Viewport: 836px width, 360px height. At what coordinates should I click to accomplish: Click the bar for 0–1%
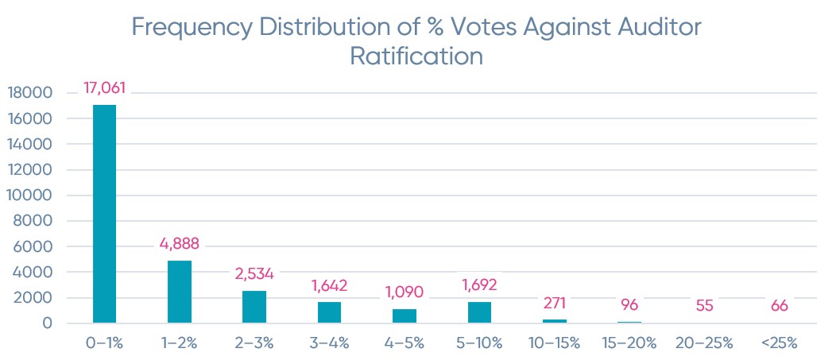tap(104, 214)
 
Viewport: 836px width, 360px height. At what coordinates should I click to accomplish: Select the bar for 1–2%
tap(179, 292)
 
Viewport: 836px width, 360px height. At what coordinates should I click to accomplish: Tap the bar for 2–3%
tap(254, 307)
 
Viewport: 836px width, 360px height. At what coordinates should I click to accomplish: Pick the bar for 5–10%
tap(479, 312)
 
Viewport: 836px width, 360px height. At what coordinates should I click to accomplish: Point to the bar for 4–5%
tap(404, 316)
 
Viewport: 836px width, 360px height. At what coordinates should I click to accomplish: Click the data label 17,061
tap(105, 88)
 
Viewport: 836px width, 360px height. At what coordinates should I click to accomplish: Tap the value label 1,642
tap(330, 285)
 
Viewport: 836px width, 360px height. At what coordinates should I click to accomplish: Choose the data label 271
tap(554, 303)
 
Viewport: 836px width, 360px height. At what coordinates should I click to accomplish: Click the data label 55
tap(704, 306)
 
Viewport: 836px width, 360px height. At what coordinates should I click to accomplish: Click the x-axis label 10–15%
tap(554, 343)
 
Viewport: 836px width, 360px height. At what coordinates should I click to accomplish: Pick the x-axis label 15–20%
tap(629, 343)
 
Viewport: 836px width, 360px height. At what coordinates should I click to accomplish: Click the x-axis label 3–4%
tap(329, 343)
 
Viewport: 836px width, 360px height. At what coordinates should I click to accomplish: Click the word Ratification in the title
tap(417, 56)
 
